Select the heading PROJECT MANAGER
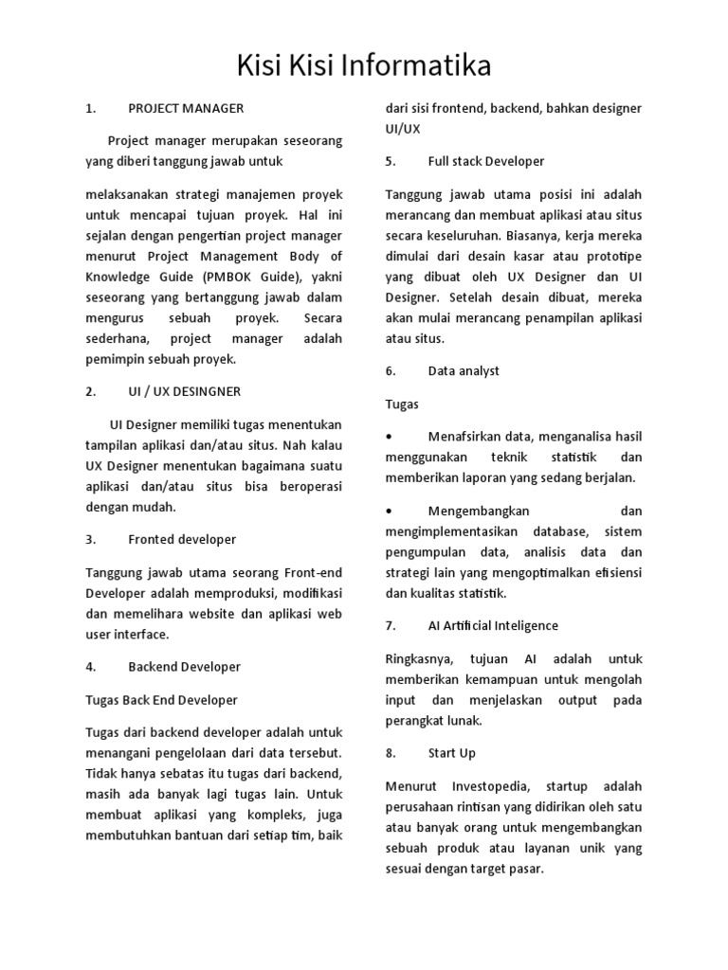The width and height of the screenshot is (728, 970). (186, 108)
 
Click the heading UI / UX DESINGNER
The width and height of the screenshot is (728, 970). (184, 391)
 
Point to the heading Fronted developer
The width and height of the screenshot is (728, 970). (182, 539)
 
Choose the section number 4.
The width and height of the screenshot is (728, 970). (90, 667)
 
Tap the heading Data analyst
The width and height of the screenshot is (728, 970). (464, 370)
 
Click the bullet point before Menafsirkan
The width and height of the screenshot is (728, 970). (391, 437)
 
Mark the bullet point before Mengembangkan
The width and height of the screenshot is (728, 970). (391, 511)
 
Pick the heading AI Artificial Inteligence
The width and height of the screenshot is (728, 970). (493, 625)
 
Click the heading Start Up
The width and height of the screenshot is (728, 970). (452, 753)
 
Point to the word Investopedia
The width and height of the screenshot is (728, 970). (486, 786)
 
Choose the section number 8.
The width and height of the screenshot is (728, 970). (390, 753)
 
